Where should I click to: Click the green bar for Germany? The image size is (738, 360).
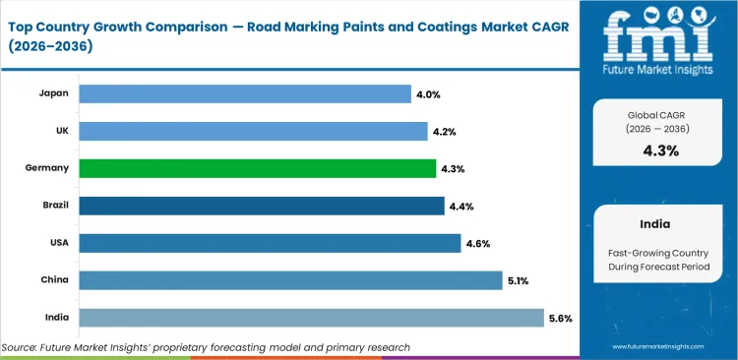pyautogui.click(x=257, y=168)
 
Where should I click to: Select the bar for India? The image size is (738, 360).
pyautogui.click(x=311, y=318)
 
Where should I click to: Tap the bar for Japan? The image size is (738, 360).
pyautogui.click(x=244, y=93)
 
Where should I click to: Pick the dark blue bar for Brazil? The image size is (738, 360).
pyautogui.click(x=261, y=206)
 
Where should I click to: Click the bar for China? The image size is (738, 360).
pyautogui.click(x=290, y=280)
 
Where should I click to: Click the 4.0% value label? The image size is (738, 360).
pyautogui.click(x=429, y=93)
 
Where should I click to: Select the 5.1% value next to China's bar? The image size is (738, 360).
pyautogui.click(x=518, y=280)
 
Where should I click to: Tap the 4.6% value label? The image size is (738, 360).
pyautogui.click(x=478, y=243)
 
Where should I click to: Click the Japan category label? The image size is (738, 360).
pyautogui.click(x=53, y=93)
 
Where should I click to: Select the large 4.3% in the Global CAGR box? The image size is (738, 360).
pyautogui.click(x=659, y=150)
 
